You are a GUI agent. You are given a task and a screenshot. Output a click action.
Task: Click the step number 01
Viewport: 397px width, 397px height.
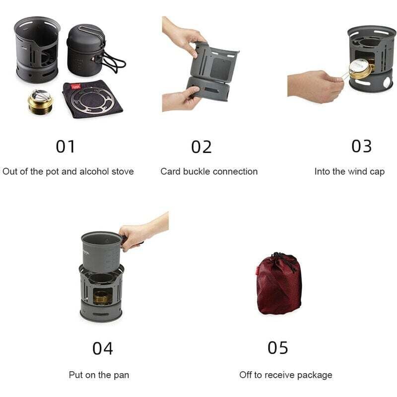click(65, 147)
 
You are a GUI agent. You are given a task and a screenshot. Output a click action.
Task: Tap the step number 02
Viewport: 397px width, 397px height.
click(201, 147)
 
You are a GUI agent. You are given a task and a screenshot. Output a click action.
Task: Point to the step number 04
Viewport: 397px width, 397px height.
click(103, 348)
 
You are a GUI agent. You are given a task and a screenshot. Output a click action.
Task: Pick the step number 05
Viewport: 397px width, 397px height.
click(278, 348)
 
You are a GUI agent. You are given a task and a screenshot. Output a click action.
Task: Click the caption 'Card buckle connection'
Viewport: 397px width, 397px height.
click(209, 172)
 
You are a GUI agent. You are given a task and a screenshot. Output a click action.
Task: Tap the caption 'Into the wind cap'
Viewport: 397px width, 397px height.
click(349, 172)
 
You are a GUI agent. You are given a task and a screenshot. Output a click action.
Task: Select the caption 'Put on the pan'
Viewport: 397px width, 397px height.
click(99, 375)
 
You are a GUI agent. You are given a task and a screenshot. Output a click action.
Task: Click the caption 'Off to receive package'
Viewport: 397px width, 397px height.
click(285, 375)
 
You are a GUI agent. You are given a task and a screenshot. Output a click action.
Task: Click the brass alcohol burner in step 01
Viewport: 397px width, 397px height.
click(40, 102)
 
